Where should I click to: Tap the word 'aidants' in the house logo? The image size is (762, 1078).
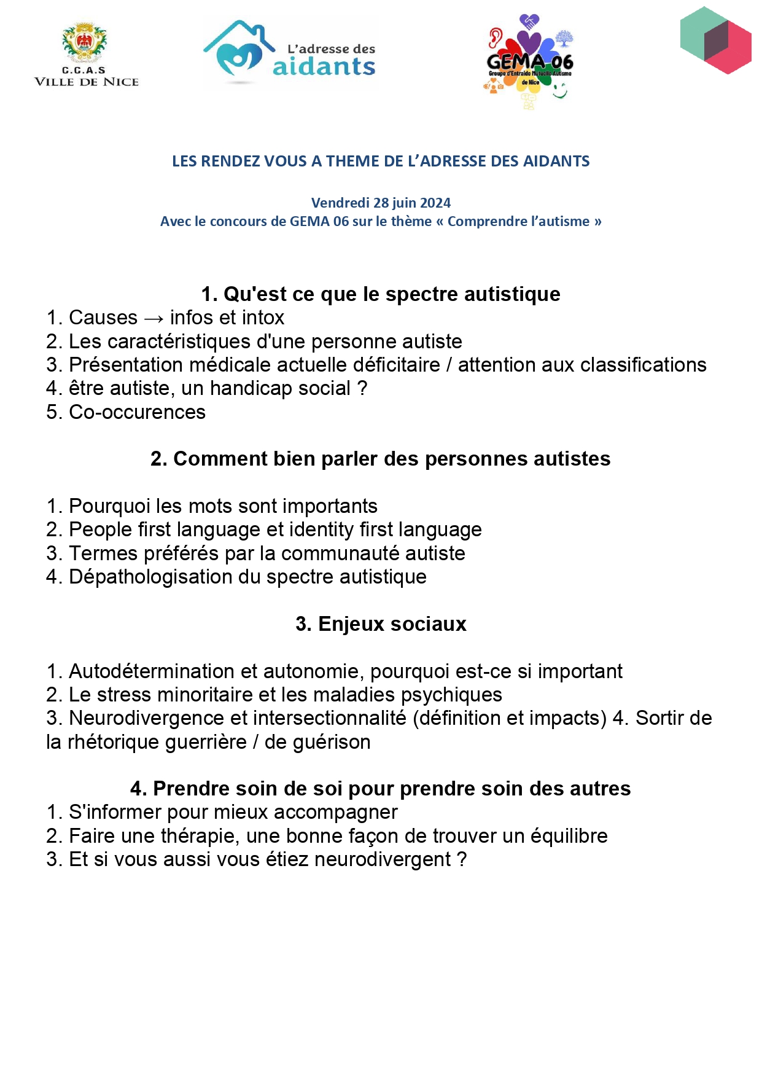tap(324, 66)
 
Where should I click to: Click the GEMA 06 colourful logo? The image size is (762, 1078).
tap(529, 61)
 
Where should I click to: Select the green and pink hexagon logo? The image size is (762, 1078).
tap(716, 41)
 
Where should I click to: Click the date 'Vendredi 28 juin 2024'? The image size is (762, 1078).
tap(381, 203)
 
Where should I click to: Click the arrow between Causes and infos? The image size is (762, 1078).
tap(154, 318)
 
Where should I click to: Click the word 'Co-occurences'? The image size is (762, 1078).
tap(137, 412)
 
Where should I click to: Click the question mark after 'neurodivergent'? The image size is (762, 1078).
tap(462, 859)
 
